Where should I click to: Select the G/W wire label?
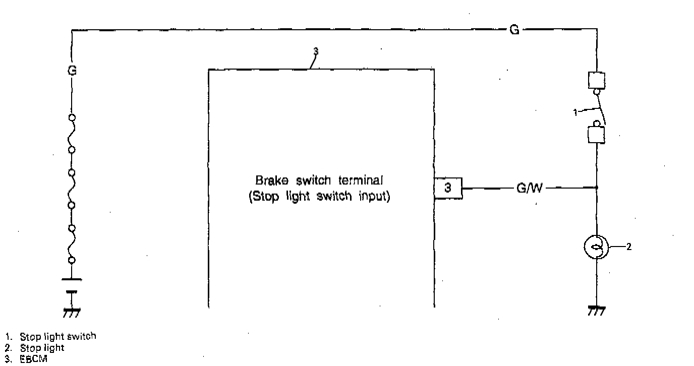coord(529,189)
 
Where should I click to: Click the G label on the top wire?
coord(514,30)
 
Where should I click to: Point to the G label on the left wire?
coord(71,72)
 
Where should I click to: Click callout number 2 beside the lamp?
coord(628,247)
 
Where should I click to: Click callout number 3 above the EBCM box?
coord(316,51)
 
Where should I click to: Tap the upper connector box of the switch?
coord(597,80)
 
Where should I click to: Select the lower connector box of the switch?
coord(597,135)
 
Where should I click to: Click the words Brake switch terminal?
coord(319,180)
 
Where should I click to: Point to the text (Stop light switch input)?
coord(319,197)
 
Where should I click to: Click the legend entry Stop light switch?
coord(57,336)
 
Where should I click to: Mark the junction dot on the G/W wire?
coord(597,188)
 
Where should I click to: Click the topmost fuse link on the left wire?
coord(72,134)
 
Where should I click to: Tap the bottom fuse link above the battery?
coord(72,244)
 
